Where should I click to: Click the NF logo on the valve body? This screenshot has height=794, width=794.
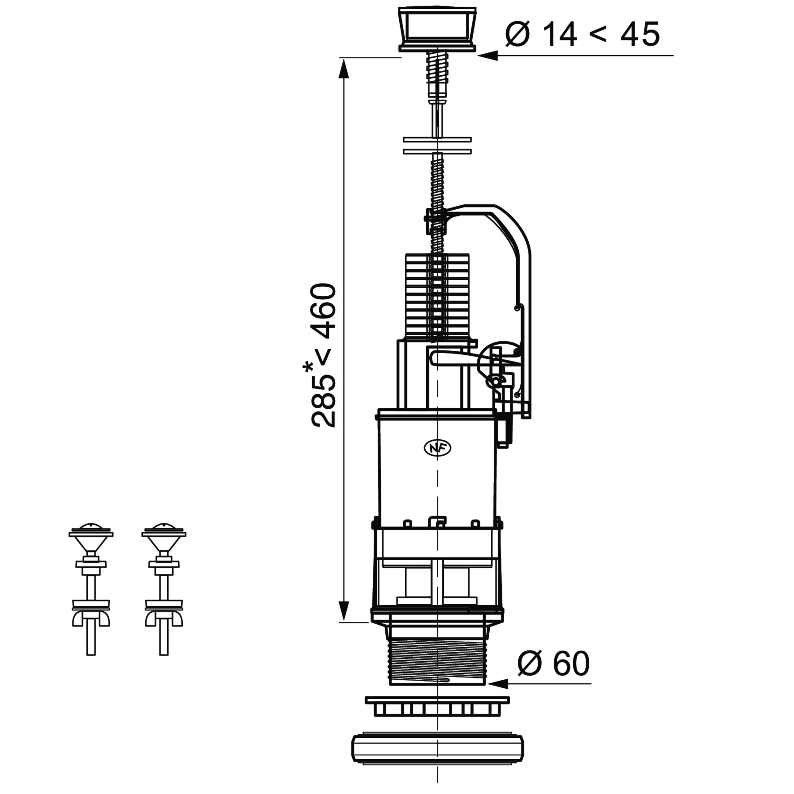437,448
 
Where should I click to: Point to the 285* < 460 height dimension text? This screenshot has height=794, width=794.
323,355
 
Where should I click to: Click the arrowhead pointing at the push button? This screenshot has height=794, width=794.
488,56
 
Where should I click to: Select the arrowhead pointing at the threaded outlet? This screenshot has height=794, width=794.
497,684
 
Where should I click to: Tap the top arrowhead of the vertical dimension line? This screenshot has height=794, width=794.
344,68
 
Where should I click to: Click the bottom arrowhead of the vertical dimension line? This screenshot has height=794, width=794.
344,612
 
